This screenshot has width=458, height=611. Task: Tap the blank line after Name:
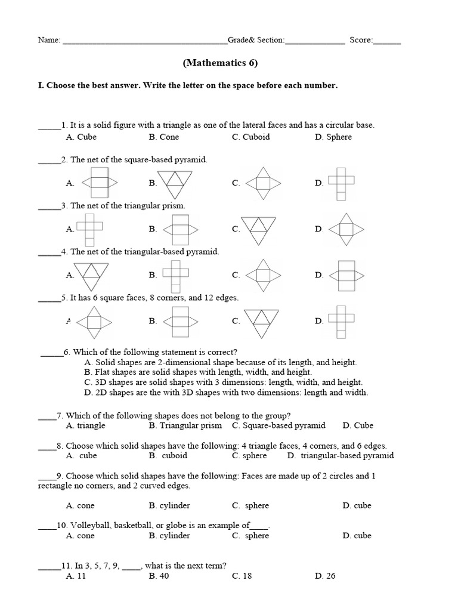point(144,41)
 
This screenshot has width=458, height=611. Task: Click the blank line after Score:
point(388,41)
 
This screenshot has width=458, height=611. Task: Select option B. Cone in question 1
point(164,137)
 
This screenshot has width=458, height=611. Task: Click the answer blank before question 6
point(52,353)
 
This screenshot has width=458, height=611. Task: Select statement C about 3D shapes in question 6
point(224,382)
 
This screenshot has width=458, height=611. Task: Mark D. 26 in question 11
point(327,576)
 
